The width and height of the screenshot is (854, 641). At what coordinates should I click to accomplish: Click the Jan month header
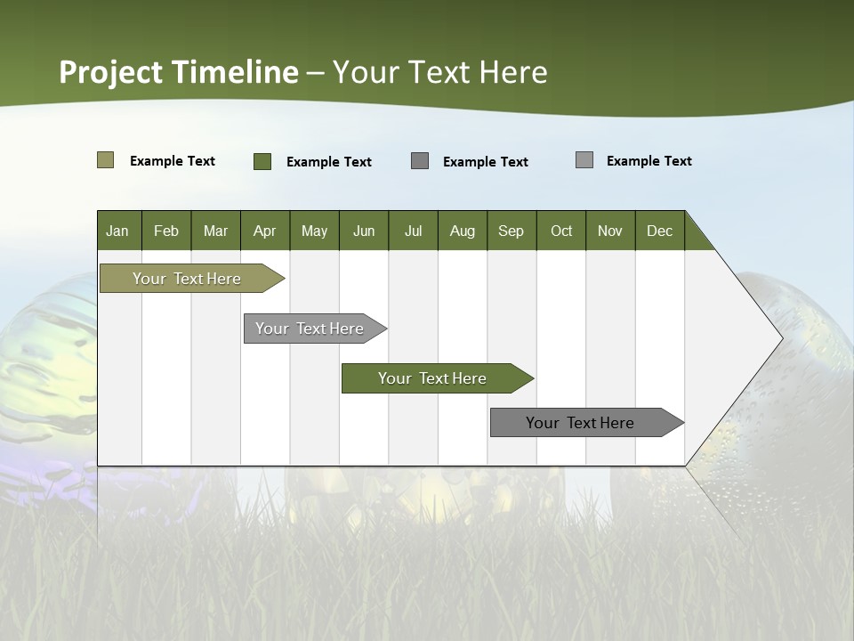(x=118, y=231)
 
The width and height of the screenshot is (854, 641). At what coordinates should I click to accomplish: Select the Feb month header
(x=166, y=231)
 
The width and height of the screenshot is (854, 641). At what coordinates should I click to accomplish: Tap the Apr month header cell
(x=265, y=231)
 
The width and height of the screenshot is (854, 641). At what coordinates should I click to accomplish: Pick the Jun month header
(x=364, y=231)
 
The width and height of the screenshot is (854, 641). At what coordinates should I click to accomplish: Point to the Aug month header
(x=463, y=231)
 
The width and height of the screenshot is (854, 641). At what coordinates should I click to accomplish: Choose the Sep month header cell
(x=512, y=231)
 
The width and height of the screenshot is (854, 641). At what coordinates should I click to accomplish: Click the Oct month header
(x=561, y=231)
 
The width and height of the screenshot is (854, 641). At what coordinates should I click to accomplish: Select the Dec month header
(x=660, y=231)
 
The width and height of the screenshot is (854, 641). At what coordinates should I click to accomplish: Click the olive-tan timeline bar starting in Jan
(x=187, y=279)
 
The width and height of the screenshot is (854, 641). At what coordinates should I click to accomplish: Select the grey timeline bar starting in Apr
(x=310, y=329)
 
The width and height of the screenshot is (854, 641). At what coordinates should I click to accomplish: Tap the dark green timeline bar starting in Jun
(x=432, y=378)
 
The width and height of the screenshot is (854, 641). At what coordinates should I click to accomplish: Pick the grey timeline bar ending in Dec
(x=580, y=423)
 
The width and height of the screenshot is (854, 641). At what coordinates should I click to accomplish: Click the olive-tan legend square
(x=106, y=160)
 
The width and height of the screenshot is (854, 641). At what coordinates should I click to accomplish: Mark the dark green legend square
(x=262, y=161)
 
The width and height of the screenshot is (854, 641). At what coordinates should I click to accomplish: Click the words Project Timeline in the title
(x=178, y=72)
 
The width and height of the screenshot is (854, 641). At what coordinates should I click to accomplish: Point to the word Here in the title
(x=513, y=72)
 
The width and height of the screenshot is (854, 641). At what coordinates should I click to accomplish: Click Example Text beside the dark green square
(x=329, y=162)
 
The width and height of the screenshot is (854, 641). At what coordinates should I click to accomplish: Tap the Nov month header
(x=610, y=231)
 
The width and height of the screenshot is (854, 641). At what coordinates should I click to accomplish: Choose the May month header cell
(x=314, y=231)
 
